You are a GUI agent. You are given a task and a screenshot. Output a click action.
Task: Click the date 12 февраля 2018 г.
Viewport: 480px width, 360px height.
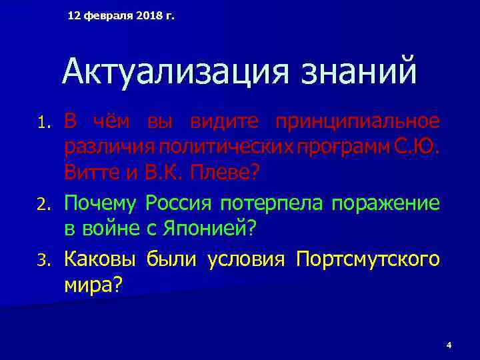pos(121,15)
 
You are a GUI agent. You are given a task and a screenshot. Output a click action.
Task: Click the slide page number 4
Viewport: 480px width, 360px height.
pos(449,345)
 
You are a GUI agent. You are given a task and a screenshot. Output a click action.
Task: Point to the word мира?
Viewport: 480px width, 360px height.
pos(93,285)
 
